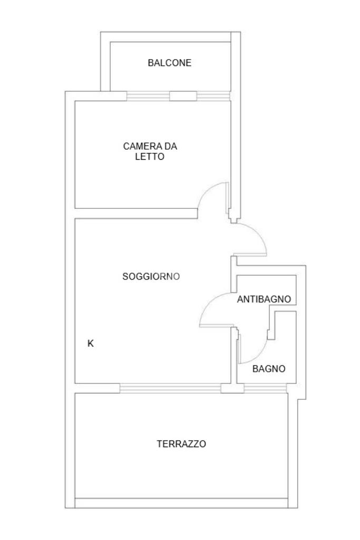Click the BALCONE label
(x=169, y=63)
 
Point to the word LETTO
(x=150, y=156)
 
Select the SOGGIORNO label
(x=151, y=276)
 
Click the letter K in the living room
(x=91, y=343)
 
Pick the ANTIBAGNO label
(x=264, y=300)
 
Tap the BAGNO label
(x=269, y=369)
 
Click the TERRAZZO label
(x=181, y=444)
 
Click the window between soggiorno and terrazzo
(x=170, y=389)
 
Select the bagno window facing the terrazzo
(x=265, y=389)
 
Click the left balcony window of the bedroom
(x=148, y=96)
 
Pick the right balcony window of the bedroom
(x=213, y=96)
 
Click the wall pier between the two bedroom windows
(x=183, y=96)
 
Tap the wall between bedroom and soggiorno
(x=136, y=213)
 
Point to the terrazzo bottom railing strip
(x=181, y=503)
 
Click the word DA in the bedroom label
(x=170, y=146)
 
